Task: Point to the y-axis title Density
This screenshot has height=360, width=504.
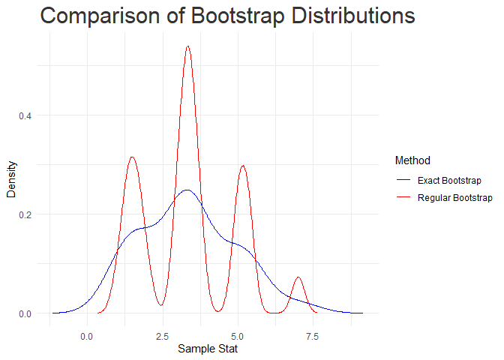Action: click(11, 181)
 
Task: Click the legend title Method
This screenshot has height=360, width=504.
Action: click(412, 160)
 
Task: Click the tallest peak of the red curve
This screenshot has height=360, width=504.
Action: click(187, 46)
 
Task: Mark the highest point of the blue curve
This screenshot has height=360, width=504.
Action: click(187, 190)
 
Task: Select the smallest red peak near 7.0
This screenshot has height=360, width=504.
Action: click(298, 277)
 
